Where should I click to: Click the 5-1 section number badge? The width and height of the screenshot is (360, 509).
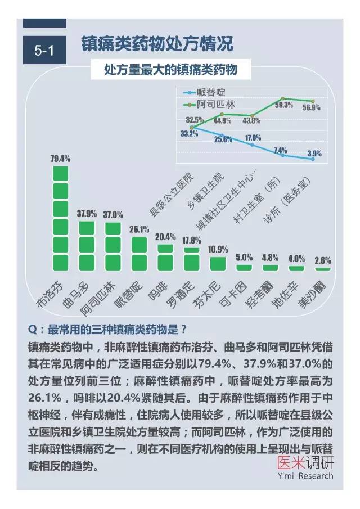tap(44, 50)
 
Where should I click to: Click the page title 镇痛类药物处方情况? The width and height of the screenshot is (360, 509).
tap(157, 44)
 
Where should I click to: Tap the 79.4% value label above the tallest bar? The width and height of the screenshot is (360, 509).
tap(60, 159)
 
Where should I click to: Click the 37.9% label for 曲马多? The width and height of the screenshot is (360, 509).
tap(87, 214)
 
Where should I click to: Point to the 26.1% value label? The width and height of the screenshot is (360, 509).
tap(139, 229)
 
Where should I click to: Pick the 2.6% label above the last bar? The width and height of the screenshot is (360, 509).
tap(323, 260)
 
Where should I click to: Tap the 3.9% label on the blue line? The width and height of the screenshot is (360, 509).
tap(314, 153)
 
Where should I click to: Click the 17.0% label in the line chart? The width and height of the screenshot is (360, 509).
tap(253, 138)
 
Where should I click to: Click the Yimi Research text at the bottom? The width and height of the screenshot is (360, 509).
tap(305, 476)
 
